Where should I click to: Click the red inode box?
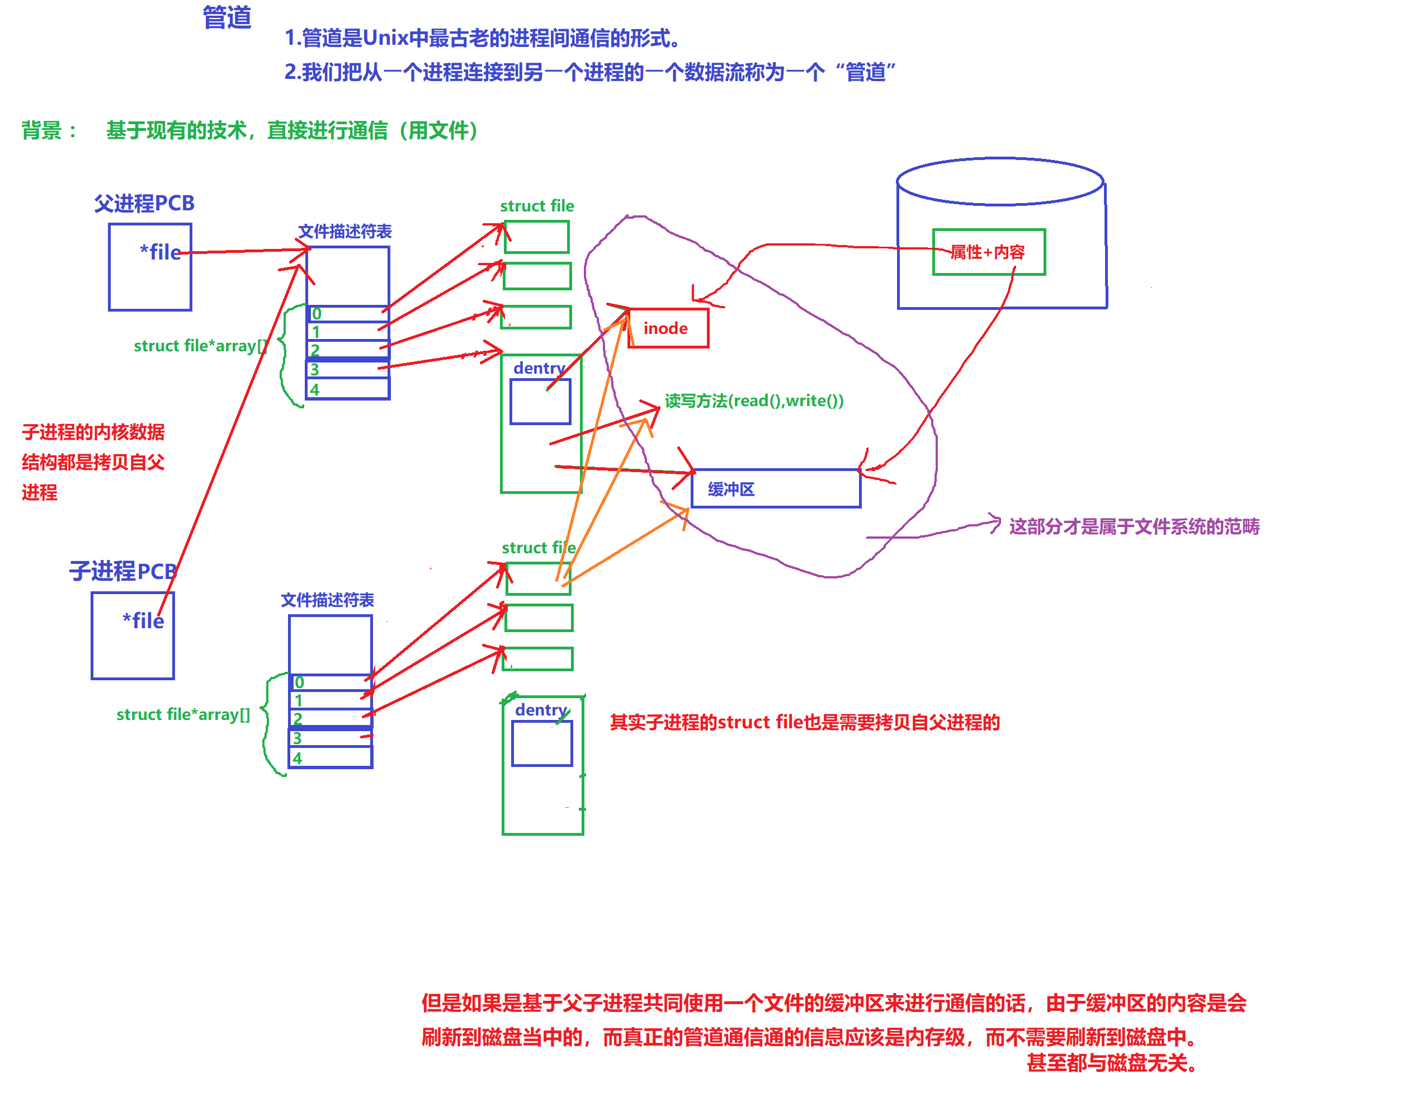pyautogui.click(x=668, y=328)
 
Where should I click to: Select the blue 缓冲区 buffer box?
pyautogui.click(x=776, y=488)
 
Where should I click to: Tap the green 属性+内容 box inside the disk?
pyautogui.click(x=988, y=252)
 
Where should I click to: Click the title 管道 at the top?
pyautogui.click(x=226, y=17)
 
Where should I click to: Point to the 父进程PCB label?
pyautogui.click(x=144, y=203)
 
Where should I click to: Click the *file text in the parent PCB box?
pyautogui.click(x=160, y=252)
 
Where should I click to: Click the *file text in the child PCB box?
pyautogui.click(x=143, y=621)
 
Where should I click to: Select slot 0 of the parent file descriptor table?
pyautogui.click(x=347, y=314)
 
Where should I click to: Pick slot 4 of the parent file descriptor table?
pyautogui.click(x=347, y=389)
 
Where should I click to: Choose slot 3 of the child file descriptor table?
pyautogui.click(x=331, y=738)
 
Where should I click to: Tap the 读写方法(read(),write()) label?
pyautogui.click(x=754, y=401)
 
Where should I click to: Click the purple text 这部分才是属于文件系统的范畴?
pyautogui.click(x=1134, y=526)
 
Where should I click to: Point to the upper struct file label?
pyautogui.click(x=537, y=206)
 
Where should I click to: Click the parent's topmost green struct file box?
pyautogui.click(x=537, y=237)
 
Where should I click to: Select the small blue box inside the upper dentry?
pyautogui.click(x=540, y=402)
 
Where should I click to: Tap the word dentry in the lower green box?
pyautogui.click(x=541, y=710)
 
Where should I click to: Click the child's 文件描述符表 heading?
pyautogui.click(x=327, y=600)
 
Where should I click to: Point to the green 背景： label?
pyautogui.click(x=49, y=130)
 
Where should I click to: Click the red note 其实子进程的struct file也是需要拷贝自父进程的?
pyautogui.click(x=805, y=722)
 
